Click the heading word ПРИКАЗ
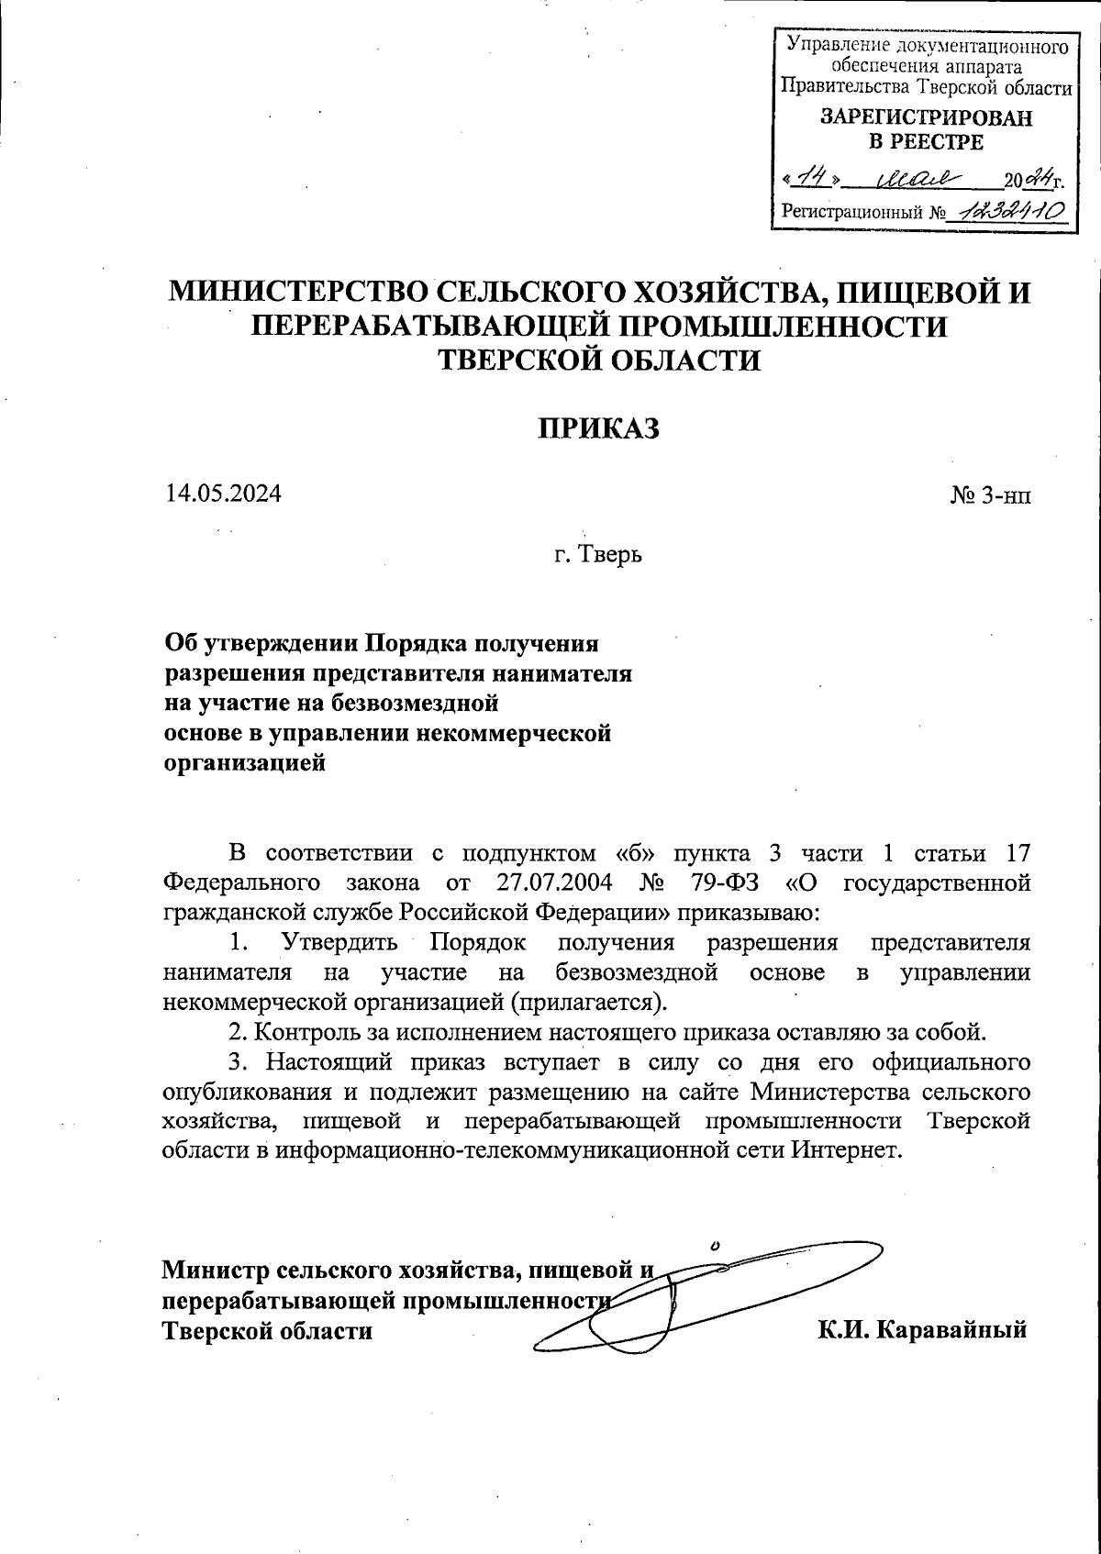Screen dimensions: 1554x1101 click(x=598, y=429)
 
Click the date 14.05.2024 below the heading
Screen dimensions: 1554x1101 click(x=223, y=493)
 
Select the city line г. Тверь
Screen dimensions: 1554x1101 click(x=597, y=554)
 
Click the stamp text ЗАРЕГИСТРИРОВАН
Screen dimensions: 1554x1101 click(x=925, y=118)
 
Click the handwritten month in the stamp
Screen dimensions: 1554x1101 click(x=918, y=175)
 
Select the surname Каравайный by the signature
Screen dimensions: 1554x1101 click(x=952, y=1329)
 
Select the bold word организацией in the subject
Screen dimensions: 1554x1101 click(x=245, y=761)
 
